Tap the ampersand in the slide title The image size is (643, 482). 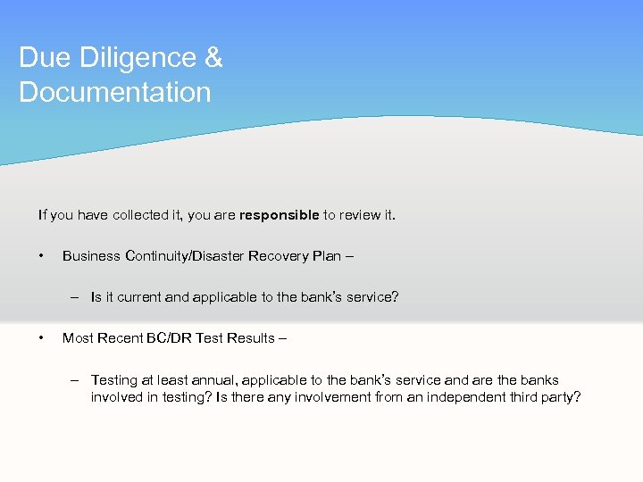click(x=213, y=58)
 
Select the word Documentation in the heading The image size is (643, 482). click(x=115, y=92)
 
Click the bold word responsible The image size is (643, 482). click(x=279, y=215)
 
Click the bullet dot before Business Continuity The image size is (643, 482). click(x=42, y=256)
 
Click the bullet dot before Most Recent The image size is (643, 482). click(x=42, y=338)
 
